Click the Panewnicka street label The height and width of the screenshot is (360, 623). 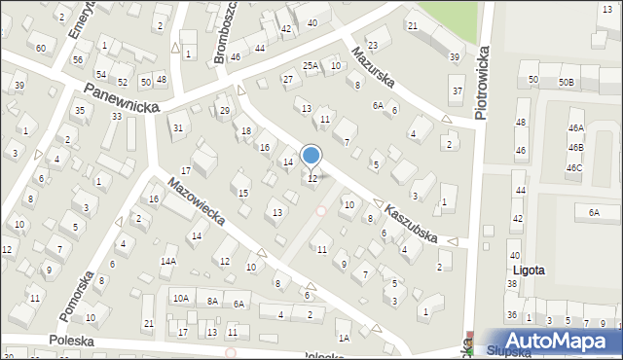click(x=121, y=97)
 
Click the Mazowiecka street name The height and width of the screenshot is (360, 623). click(x=196, y=200)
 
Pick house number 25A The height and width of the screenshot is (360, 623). click(x=311, y=66)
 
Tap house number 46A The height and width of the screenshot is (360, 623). click(x=576, y=127)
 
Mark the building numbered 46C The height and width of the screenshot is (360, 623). click(x=575, y=167)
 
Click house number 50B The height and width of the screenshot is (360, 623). click(x=566, y=83)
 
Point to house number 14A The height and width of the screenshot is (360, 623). click(x=168, y=262)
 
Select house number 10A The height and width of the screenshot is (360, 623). click(x=181, y=299)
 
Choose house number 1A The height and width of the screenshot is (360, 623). click(x=344, y=338)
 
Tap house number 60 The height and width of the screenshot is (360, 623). click(x=40, y=48)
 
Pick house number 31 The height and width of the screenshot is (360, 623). click(x=177, y=127)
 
